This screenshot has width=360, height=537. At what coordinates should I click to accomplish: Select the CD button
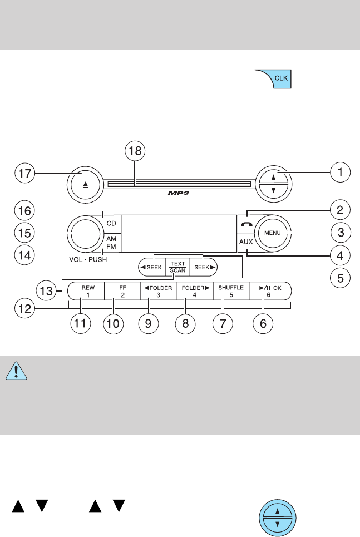pyautogui.click(x=111, y=223)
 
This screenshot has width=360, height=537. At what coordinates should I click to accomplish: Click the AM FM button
pyautogui.click(x=111, y=242)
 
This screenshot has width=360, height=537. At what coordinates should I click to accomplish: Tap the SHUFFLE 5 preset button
pyautogui.click(x=223, y=292)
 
